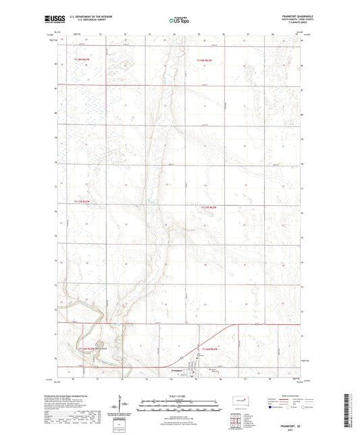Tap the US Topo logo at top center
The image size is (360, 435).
coord(180,20)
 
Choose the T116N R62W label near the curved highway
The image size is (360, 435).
coord(209,349)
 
